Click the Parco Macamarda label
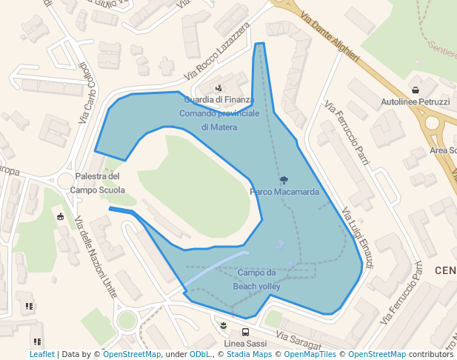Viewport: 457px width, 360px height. [x=284, y=192]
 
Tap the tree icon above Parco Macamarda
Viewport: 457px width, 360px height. [x=284, y=180]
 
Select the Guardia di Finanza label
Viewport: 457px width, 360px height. [x=219, y=99]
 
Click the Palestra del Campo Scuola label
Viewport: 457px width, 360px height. [x=97, y=183]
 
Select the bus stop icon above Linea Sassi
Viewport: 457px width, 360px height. [x=245, y=333]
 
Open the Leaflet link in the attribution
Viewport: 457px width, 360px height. [x=41, y=355]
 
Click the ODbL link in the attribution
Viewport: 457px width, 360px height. [x=199, y=355]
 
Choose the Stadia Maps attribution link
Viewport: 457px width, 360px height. [x=248, y=355]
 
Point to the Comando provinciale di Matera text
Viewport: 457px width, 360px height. [x=219, y=121]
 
